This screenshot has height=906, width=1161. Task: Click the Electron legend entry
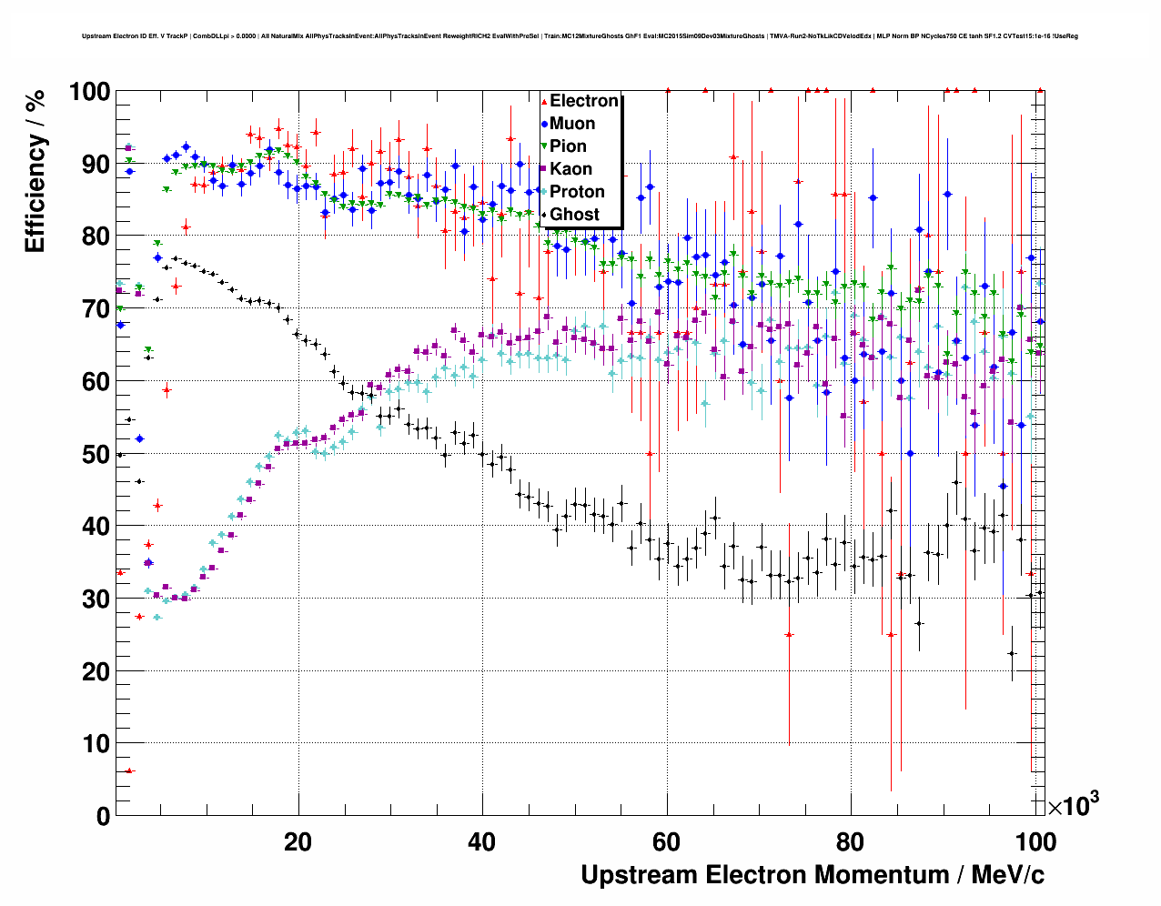[x=583, y=101]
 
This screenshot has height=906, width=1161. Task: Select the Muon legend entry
[x=571, y=124]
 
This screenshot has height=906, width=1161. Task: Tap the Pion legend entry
[x=568, y=146]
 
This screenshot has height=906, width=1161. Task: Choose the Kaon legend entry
[x=570, y=169]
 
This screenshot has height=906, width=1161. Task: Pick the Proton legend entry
[x=577, y=192]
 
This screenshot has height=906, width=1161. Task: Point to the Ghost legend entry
[x=574, y=215]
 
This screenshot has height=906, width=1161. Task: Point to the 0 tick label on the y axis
[x=103, y=816]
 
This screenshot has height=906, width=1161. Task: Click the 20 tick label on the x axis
[x=298, y=842]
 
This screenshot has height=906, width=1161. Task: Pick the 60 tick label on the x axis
[x=667, y=842]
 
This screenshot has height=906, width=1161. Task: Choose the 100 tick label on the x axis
[x=1035, y=842]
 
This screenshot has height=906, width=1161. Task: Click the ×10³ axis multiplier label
[x=1073, y=804]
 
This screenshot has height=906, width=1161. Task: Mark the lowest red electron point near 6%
[x=129, y=770]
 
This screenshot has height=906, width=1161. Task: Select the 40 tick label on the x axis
[x=482, y=842]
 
